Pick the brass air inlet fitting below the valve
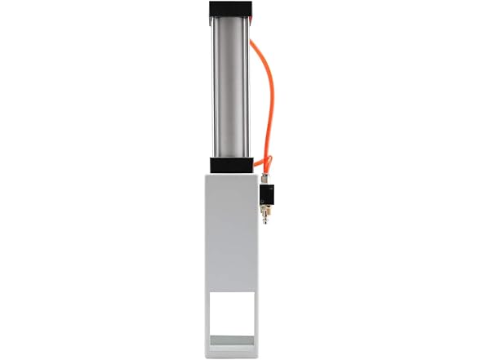pyautogui.click(x=264, y=217)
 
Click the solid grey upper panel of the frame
pyautogui.click(x=233, y=229)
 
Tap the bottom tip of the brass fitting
pyautogui.click(x=264, y=225)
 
